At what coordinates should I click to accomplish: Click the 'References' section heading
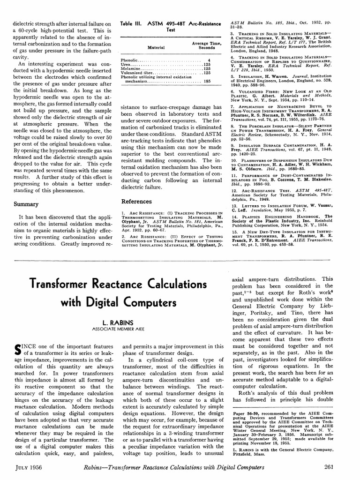pyautogui.click(x=136, y=202)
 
